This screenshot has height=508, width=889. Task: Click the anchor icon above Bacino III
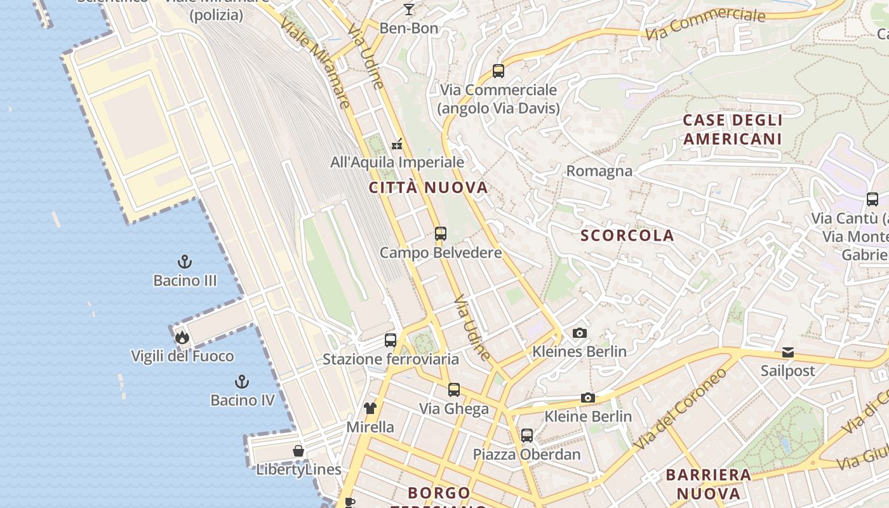click(x=184, y=262)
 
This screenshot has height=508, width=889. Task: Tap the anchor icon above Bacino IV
click(x=241, y=382)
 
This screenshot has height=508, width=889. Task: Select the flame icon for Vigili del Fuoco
click(x=182, y=337)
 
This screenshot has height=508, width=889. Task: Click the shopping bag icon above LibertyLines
click(x=298, y=451)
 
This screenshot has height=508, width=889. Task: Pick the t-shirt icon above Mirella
click(x=370, y=408)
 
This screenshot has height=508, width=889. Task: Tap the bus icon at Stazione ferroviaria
click(x=390, y=340)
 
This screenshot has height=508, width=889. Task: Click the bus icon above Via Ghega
click(x=453, y=390)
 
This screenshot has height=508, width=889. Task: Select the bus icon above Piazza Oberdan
click(x=526, y=436)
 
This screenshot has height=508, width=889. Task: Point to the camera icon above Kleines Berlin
click(x=579, y=333)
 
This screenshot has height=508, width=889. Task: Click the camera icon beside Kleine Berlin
click(x=588, y=398)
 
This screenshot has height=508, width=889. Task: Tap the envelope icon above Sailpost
click(x=787, y=352)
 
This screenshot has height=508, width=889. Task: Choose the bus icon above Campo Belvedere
click(x=440, y=234)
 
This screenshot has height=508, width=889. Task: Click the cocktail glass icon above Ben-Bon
click(x=408, y=10)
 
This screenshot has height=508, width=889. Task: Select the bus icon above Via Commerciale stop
click(x=498, y=71)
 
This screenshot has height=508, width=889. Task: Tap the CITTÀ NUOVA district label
click(x=429, y=187)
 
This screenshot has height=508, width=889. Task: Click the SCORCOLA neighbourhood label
click(x=627, y=236)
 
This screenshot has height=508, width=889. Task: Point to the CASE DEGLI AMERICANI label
click(x=732, y=130)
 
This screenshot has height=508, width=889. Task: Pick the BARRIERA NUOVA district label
click(x=708, y=484)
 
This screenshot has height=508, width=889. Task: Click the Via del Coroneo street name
click(x=680, y=410)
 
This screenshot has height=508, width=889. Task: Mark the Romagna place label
click(x=599, y=171)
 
